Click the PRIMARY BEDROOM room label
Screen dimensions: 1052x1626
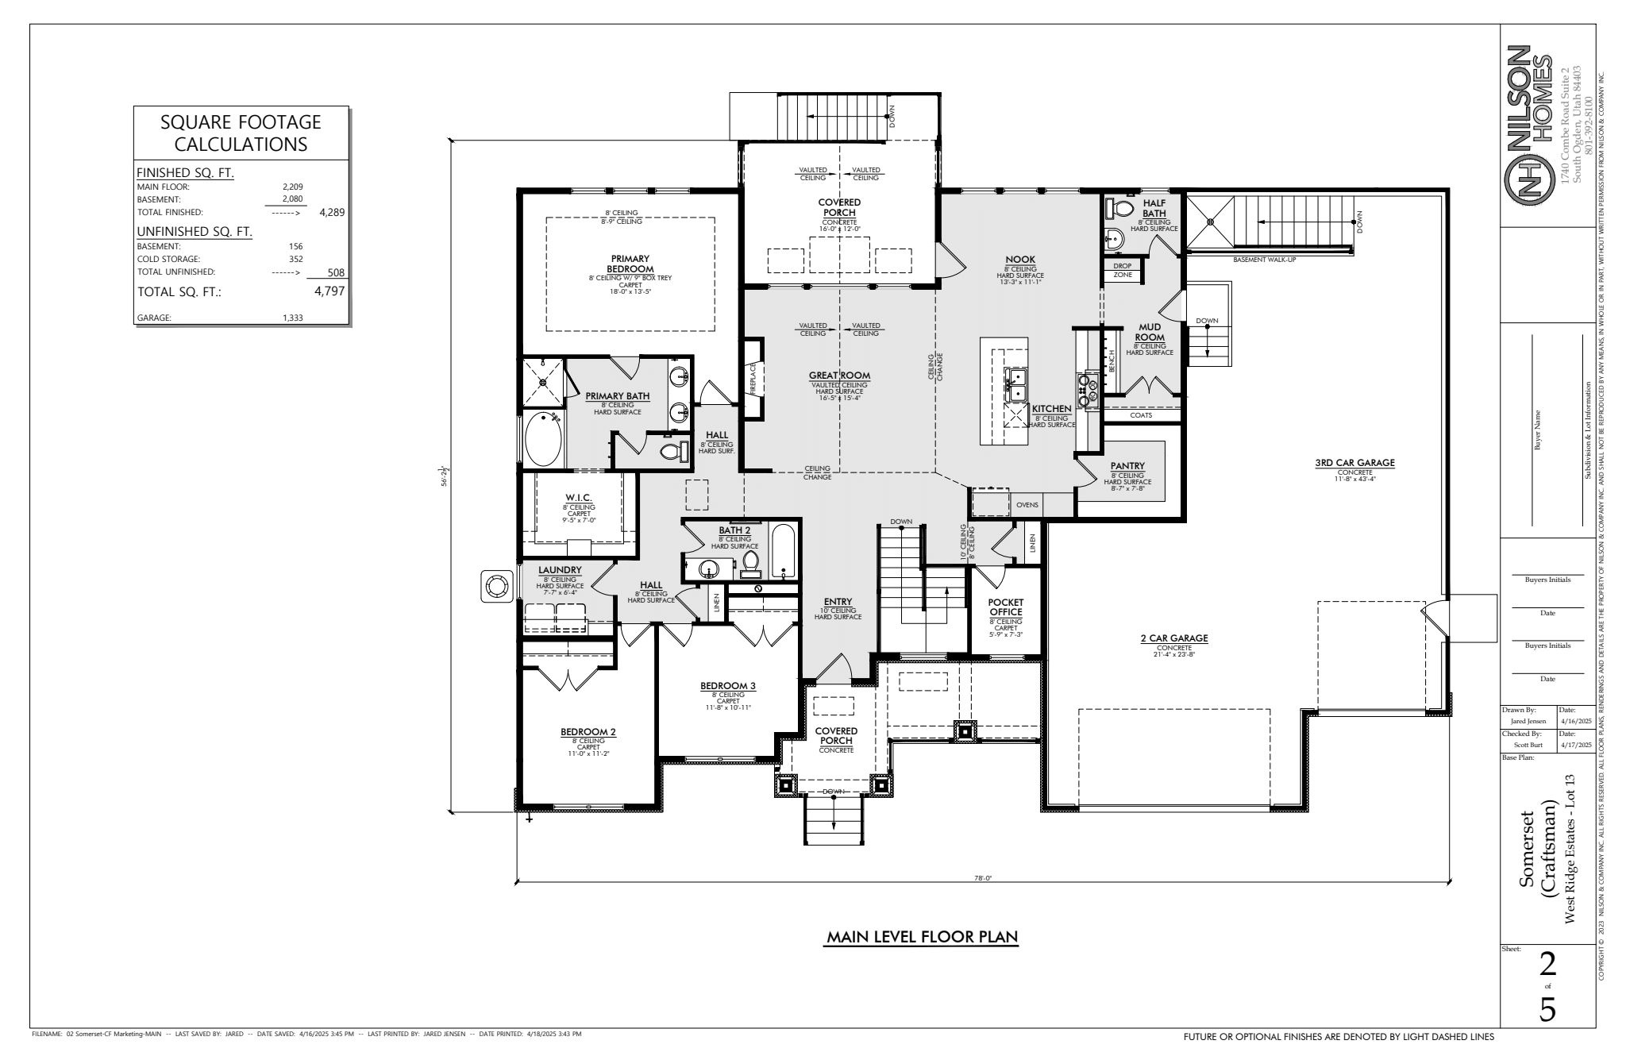point(630,264)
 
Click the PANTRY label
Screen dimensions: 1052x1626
point(1127,466)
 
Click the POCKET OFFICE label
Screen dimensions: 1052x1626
point(1005,607)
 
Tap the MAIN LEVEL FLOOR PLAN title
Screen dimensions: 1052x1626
point(922,938)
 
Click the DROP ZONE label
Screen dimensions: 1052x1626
point(1122,270)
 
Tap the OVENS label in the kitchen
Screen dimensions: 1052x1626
point(1027,505)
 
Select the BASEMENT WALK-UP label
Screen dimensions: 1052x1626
point(1264,260)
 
